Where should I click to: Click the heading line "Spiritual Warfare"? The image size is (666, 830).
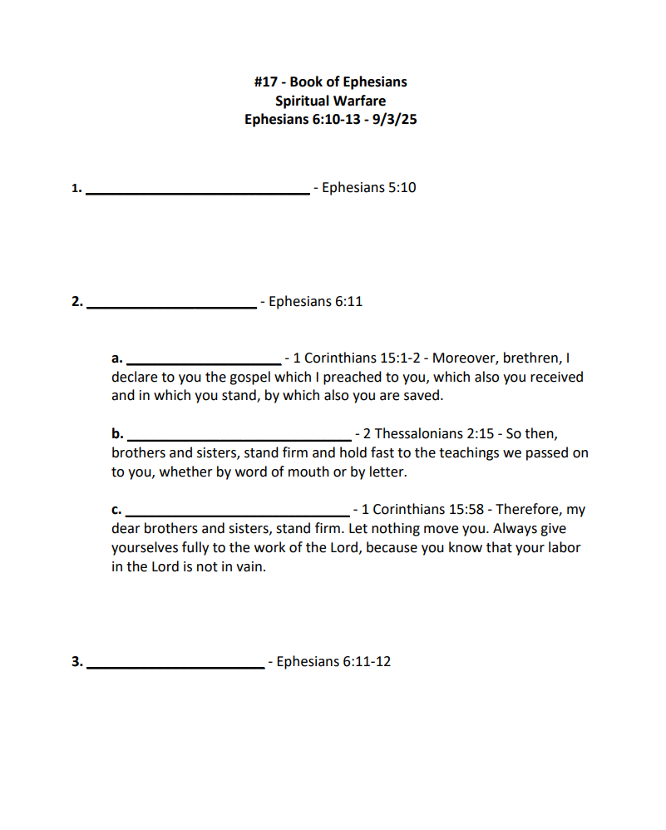point(330,101)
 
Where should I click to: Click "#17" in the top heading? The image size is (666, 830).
point(267,82)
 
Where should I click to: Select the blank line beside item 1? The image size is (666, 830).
point(198,192)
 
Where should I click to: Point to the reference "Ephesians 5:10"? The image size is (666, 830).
point(368,188)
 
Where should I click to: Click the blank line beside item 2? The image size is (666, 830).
point(171,306)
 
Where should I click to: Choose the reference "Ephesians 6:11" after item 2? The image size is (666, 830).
point(315,301)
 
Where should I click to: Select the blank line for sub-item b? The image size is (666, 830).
point(238,438)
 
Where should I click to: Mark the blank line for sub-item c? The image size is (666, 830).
point(237,514)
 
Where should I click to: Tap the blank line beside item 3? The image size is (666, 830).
point(175,666)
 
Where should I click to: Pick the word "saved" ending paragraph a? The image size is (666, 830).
point(424,396)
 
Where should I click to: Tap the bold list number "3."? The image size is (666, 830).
point(76,662)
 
